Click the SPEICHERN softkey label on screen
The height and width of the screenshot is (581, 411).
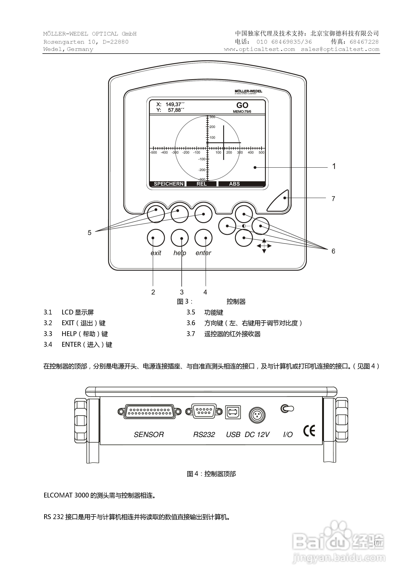click(x=168, y=184)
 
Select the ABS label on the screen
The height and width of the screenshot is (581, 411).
click(x=234, y=184)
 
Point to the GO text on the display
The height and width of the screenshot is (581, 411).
click(x=242, y=105)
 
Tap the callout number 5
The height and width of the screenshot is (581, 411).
click(x=89, y=233)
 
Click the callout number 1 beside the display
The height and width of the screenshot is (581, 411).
click(x=334, y=166)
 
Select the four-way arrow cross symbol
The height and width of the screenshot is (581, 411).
click(x=264, y=246)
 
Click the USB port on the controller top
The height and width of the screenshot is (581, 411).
click(x=233, y=412)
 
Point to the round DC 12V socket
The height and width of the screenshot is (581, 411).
click(x=257, y=415)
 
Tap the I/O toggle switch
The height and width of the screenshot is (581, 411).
click(x=287, y=408)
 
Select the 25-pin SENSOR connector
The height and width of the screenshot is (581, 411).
click(x=149, y=412)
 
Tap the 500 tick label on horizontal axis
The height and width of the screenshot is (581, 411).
click(x=261, y=153)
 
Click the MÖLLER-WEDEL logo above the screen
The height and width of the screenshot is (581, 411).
click(x=248, y=91)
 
